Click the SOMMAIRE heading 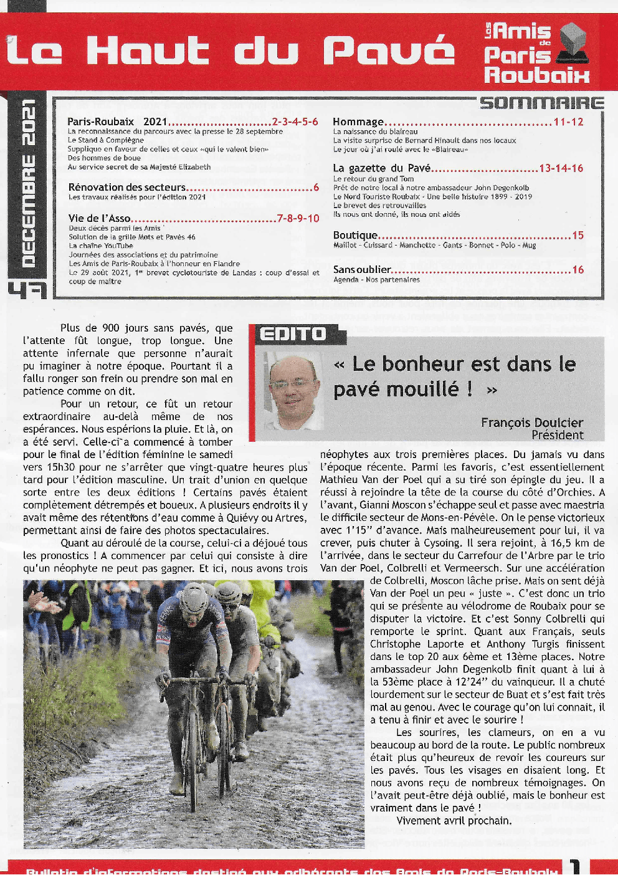(541, 103)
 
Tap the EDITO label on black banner (293, 335)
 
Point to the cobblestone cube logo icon (573, 44)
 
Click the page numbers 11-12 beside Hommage (568, 122)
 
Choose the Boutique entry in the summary (355, 236)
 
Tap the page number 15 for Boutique (578, 236)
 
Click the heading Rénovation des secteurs (127, 187)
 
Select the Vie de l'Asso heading (100, 218)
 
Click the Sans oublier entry (362, 270)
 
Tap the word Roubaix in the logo (536, 75)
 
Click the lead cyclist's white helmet (193, 597)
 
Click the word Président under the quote (557, 435)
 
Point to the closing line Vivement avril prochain (454, 820)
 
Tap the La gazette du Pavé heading (381, 168)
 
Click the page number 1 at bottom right (574, 867)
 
